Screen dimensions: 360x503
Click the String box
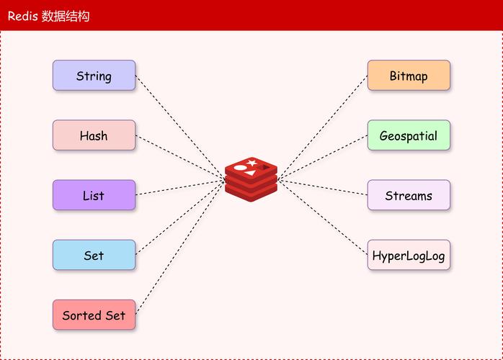point(94,76)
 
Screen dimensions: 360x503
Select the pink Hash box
point(94,135)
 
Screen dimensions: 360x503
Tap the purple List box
point(94,195)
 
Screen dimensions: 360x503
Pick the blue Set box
point(94,255)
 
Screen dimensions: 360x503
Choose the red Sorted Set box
point(94,315)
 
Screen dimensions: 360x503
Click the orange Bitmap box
point(409,76)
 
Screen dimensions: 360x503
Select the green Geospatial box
point(409,135)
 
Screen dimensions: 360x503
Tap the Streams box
point(409,195)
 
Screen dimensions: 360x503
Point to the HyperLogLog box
point(409,255)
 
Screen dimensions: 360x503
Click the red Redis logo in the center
point(251,178)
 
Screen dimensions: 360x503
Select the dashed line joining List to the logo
point(180,187)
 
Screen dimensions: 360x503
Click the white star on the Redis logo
point(251,163)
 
